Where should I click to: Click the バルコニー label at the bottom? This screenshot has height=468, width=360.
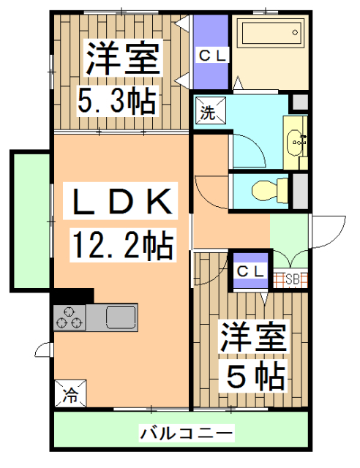point(187,434)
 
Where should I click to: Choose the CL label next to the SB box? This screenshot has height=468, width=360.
point(250,269)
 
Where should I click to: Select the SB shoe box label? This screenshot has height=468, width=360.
point(292,279)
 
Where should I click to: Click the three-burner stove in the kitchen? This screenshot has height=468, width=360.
point(69,317)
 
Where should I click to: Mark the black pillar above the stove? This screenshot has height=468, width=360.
point(73,295)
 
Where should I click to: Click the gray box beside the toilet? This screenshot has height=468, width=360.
point(299,191)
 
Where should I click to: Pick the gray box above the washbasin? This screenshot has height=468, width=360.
point(299,102)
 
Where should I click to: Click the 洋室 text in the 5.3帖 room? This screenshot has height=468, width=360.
point(121,58)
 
